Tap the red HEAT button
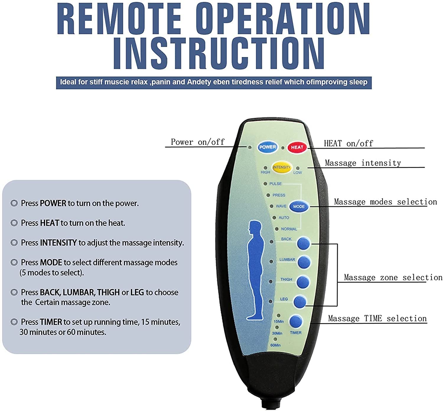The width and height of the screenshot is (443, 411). [x=297, y=147]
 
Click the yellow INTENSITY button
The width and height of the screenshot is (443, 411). [x=282, y=167]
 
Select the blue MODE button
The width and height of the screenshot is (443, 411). [x=299, y=207]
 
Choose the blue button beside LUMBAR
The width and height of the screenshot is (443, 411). [x=304, y=262]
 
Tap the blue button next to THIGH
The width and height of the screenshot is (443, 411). [x=302, y=282]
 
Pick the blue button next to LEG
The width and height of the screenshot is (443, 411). [x=300, y=302]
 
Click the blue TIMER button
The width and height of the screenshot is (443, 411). [x=296, y=321]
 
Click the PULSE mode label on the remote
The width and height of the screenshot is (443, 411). [x=275, y=184]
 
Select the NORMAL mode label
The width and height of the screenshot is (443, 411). [x=289, y=229]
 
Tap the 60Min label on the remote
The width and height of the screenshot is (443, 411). [x=275, y=345]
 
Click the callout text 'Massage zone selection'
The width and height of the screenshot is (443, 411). [x=393, y=277]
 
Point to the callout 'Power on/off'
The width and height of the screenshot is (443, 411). [x=198, y=142]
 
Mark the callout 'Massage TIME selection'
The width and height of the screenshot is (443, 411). [x=377, y=319]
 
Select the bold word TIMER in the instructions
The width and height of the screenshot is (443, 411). [x=51, y=322]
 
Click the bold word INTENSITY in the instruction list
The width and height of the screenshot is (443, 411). [x=58, y=243]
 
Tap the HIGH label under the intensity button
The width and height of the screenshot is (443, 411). [x=265, y=172]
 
